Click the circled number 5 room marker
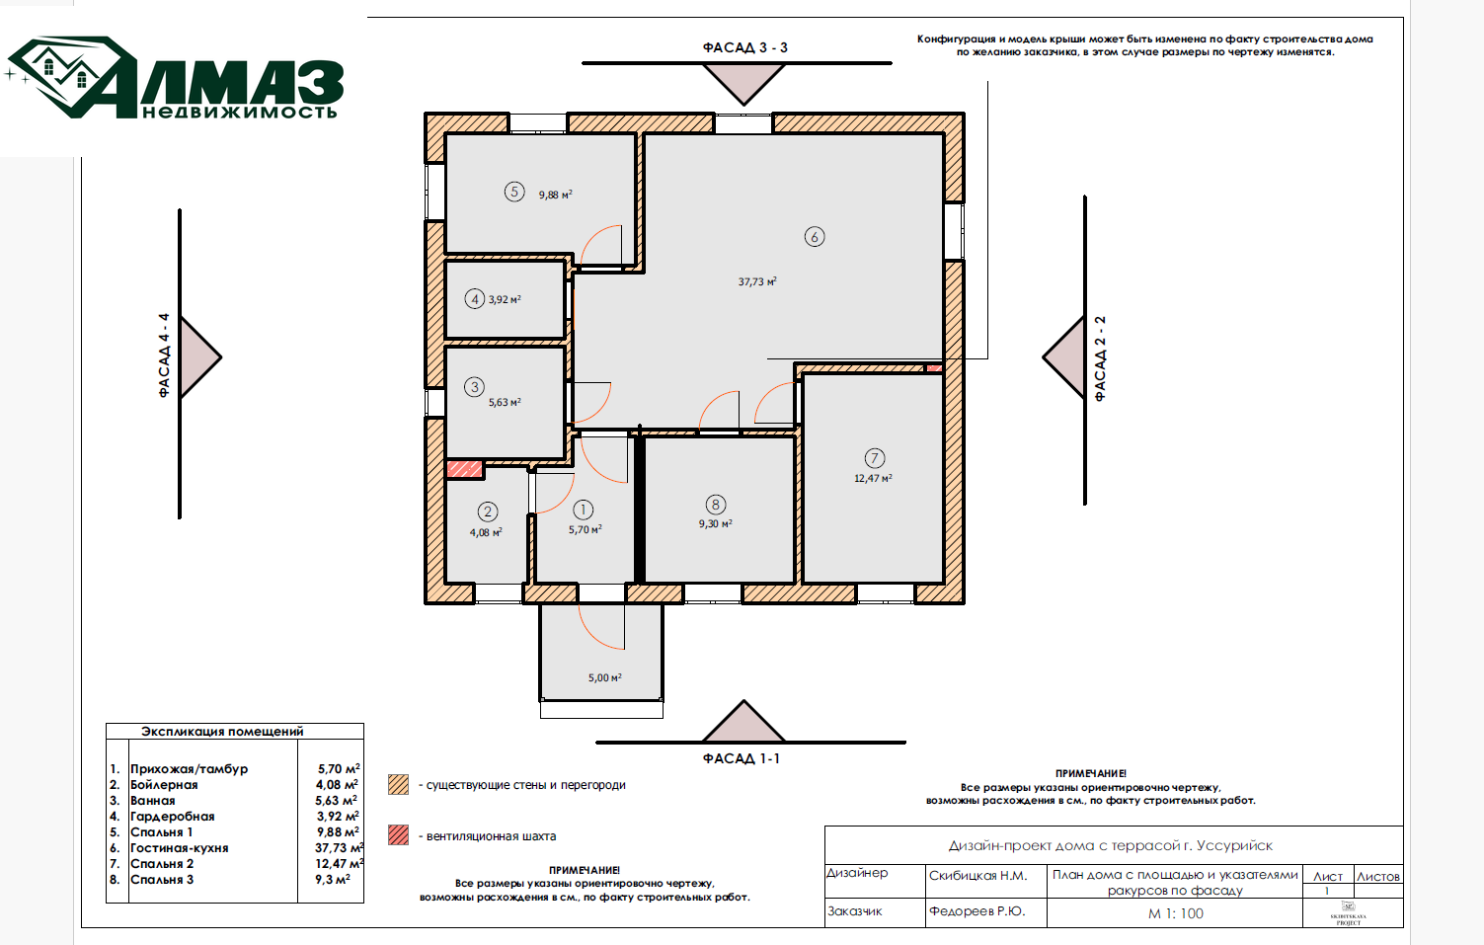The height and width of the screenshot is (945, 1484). point(514,193)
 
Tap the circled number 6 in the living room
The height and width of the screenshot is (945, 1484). point(815,237)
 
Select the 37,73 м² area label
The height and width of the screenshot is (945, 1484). point(757,281)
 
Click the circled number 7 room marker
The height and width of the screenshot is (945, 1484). point(875,458)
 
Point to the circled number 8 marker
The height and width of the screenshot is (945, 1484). point(715,505)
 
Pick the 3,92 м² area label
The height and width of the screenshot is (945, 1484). point(505,299)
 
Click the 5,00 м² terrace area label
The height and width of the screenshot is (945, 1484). point(605,678)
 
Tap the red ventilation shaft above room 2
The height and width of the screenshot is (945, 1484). point(464,469)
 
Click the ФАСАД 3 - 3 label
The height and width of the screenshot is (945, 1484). point(744,47)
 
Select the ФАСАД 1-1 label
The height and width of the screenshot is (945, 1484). point(741,758)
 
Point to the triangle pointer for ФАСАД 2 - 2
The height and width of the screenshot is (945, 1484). point(1063,357)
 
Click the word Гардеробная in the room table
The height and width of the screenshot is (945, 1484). point(172,817)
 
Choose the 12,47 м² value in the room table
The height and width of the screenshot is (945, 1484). point(340,863)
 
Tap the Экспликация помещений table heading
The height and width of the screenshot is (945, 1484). point(222,732)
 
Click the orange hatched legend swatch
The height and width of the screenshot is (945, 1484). point(398,785)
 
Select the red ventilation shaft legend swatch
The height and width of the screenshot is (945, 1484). point(398,835)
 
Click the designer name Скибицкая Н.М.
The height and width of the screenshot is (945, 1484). point(977,876)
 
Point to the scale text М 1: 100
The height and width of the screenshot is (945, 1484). point(1175,913)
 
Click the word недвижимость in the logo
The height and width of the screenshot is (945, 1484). point(239,112)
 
